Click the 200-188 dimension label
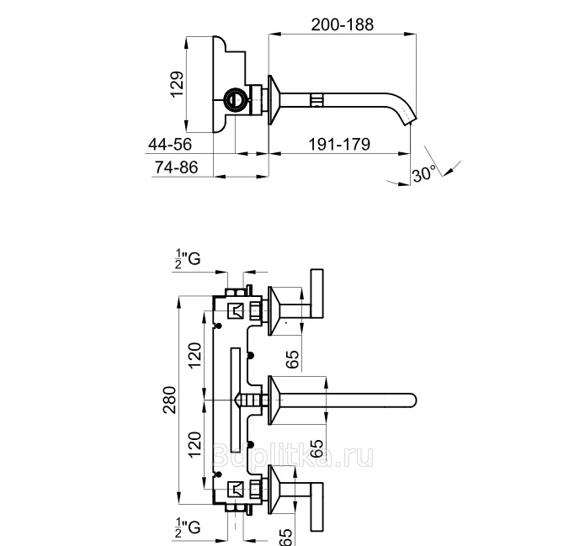[342, 24]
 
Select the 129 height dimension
[177, 84]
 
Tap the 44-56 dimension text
[170, 145]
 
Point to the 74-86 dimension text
[176, 167]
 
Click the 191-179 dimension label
[339, 145]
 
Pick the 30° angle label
[424, 173]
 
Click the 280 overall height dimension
[169, 400]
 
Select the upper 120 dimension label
[194, 356]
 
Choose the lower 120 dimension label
[194, 444]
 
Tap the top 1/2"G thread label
[188, 259]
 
